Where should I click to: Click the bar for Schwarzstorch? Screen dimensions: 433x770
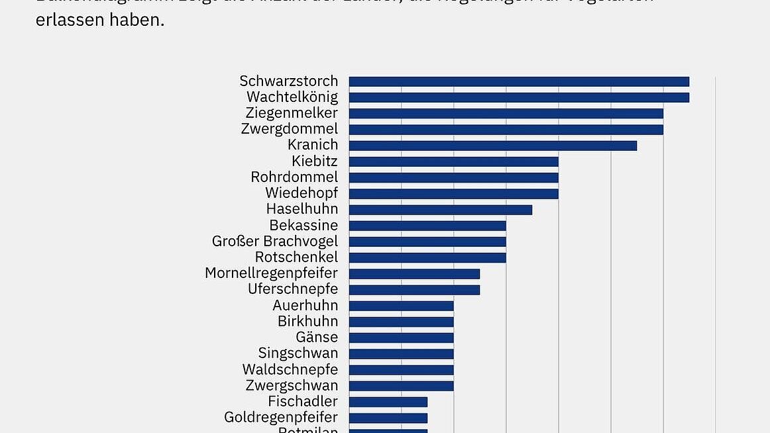tap(519, 81)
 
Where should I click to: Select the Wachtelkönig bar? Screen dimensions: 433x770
tap(519, 97)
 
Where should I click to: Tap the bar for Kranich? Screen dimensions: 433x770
tap(493, 145)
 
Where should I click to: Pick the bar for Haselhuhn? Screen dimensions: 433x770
tap(441, 209)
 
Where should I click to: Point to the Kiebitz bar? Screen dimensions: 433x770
tap(454, 162)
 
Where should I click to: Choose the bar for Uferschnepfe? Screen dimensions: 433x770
tap(414, 289)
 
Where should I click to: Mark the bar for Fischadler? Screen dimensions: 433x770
tap(388, 401)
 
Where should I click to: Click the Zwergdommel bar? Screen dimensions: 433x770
tap(506, 129)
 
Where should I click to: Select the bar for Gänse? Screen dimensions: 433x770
tap(402, 338)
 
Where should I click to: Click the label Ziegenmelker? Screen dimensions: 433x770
tap(292, 113)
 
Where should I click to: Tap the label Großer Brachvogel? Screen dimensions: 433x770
tap(275, 241)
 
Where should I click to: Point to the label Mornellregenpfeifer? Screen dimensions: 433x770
tap(271, 273)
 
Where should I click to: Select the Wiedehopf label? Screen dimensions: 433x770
tap(302, 193)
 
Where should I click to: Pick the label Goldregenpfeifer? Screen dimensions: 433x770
tap(281, 417)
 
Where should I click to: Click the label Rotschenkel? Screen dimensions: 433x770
tap(296, 257)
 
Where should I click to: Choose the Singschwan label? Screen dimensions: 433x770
tap(298, 354)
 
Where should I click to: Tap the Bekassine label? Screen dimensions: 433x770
tap(303, 225)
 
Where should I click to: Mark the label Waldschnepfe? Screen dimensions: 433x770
tap(290, 369)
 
